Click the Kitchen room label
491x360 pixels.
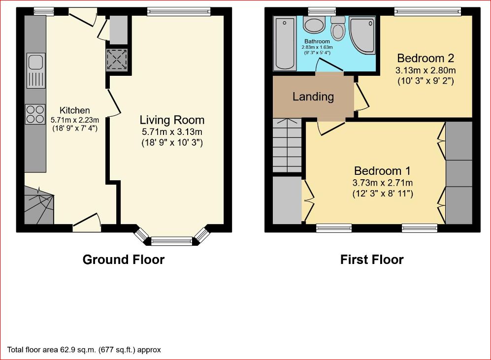click(x=74, y=110)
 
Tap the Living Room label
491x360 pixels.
click(x=172, y=120)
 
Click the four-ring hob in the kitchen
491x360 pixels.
click(x=35, y=114)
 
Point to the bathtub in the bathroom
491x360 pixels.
click(x=285, y=43)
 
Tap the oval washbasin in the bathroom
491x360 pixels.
click(x=314, y=25)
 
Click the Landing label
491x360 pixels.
click(x=313, y=97)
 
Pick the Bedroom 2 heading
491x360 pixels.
click(x=426, y=58)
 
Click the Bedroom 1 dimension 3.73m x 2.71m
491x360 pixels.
click(x=383, y=183)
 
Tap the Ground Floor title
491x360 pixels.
click(x=124, y=260)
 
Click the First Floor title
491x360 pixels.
click(x=372, y=260)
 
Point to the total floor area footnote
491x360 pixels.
click(x=84, y=350)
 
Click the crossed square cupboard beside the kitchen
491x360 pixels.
click(x=117, y=59)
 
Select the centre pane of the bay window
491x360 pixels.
click(x=171, y=241)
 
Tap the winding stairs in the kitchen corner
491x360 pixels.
click(x=39, y=205)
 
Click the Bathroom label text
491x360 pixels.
click(x=317, y=41)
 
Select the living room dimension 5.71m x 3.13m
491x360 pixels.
click(x=172, y=131)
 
